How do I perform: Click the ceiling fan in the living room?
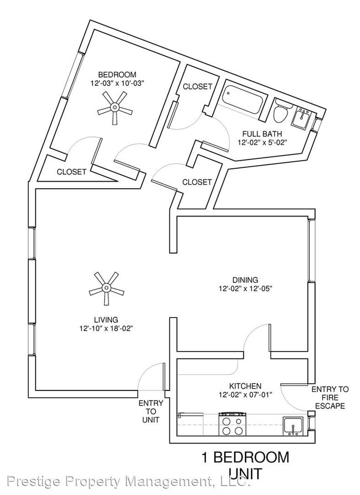[106, 288]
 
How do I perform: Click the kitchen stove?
[232, 424]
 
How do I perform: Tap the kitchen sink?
[293, 426]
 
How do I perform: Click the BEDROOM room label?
[117, 75]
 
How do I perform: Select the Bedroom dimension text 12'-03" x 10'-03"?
[117, 84]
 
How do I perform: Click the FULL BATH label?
[262, 134]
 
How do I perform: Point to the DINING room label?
[245, 280]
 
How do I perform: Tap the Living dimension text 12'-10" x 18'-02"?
[106, 328]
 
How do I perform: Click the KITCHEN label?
[245, 386]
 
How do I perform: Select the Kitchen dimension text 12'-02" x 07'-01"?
[245, 394]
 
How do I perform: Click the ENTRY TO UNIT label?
[151, 411]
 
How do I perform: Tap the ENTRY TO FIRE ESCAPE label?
[330, 398]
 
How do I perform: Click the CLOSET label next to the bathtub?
[197, 86]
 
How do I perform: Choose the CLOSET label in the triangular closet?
[71, 172]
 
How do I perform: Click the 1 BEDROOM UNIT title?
[245, 465]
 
